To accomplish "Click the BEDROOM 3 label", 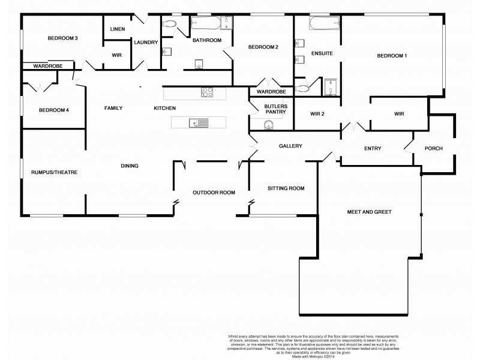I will coord(63,38).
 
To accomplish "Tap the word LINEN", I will coord(118,29).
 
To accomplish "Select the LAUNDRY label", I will coord(146,42).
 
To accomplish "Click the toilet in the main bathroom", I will coord(169,25).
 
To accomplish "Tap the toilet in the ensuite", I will coord(303,88).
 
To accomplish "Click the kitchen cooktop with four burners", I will coord(207,92).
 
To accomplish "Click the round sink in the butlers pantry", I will coord(269,124).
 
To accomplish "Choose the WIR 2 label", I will coord(317,113).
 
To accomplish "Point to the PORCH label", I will coord(433,148).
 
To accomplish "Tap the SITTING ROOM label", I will coord(285,188).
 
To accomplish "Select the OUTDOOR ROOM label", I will coord(214,193).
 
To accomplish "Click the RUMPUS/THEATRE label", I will coord(55,172).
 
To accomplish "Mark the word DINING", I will coord(130,166).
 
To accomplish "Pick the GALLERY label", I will coord(290,146).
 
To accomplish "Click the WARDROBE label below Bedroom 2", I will coord(271,92).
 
